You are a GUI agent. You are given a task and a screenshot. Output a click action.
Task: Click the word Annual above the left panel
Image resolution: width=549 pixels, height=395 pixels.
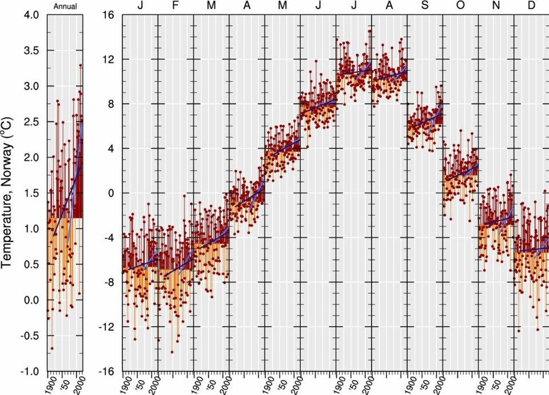coord(65,6)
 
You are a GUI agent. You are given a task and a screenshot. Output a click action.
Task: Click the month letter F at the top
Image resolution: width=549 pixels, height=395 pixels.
coord(176,6)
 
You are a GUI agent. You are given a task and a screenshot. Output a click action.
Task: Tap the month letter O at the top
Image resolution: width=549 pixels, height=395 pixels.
coord(460,6)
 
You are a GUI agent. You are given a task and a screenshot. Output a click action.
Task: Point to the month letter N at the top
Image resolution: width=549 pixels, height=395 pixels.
coord(496,6)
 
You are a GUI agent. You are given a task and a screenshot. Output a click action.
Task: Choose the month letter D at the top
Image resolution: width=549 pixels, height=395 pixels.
coord(531,6)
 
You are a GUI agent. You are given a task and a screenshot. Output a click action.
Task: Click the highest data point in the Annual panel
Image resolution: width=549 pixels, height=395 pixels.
coord(81,65)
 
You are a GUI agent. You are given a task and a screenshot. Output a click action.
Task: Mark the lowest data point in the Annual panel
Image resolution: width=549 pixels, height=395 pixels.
coord(52,348)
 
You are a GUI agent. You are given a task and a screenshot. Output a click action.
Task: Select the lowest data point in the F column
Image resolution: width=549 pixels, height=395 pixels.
coord(172,351)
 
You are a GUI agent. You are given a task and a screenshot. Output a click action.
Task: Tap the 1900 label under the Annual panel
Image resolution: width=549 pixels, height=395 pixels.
coord(51,382)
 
